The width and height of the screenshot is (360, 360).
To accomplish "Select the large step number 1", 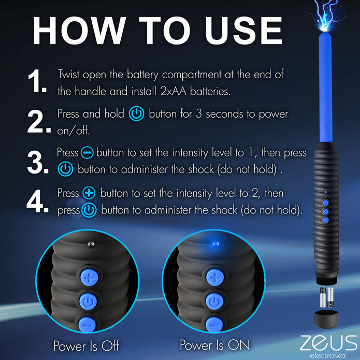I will click(37, 82).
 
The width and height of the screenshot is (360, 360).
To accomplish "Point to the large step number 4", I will click(37, 202).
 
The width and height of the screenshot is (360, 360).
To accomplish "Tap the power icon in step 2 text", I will click(137, 114).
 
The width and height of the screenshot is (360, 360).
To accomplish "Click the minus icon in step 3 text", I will click(87, 153).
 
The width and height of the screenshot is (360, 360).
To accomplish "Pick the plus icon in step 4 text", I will click(89, 193).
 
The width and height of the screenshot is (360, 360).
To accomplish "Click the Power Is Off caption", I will click(86, 345).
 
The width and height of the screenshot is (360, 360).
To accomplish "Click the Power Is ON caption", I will click(214, 345).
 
